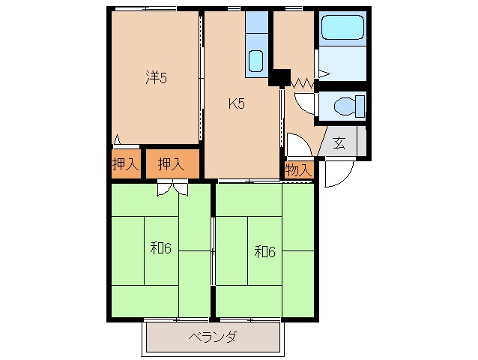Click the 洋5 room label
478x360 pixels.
click(155, 76)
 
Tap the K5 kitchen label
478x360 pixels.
click(237, 104)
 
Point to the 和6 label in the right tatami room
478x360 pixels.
click(264, 251)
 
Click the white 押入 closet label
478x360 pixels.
click(126, 165)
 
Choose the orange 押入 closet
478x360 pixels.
click(173, 165)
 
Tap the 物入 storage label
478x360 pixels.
click(299, 170)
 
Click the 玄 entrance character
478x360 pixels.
click(339, 142)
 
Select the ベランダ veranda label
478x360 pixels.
click(213, 337)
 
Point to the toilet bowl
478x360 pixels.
click(345, 106)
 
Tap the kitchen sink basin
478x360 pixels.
click(256, 60)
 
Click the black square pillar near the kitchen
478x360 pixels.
click(280, 77)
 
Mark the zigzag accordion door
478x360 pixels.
click(301, 80)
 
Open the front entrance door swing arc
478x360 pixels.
click(335, 173)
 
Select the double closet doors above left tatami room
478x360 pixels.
click(172, 188)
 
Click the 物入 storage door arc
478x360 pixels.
click(295, 145)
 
